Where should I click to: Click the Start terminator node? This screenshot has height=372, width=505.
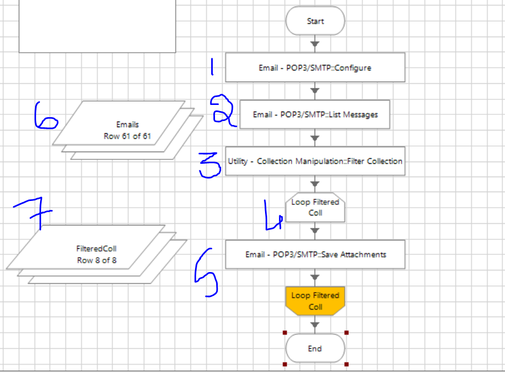(x=315, y=21)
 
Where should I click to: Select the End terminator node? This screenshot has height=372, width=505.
(x=315, y=349)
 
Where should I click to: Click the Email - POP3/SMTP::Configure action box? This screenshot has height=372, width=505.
(x=315, y=68)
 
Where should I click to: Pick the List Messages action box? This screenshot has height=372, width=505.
(x=315, y=114)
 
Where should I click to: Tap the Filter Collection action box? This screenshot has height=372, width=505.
(x=315, y=161)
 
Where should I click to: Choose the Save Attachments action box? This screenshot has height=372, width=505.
(x=315, y=255)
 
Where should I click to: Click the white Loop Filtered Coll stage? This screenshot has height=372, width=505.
(x=315, y=208)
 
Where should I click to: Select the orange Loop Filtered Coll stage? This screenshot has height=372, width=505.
(x=315, y=301)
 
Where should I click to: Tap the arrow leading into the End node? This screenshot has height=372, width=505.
(x=315, y=325)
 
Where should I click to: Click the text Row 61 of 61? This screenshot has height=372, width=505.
(x=127, y=135)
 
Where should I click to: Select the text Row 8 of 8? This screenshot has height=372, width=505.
(x=97, y=260)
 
